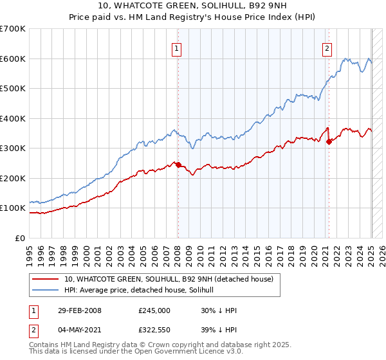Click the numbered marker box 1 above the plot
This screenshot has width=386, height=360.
pyautogui.click(x=176, y=47)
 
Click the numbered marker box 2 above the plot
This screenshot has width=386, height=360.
pyautogui.click(x=327, y=47)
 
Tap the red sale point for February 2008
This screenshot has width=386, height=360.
pyautogui.click(x=178, y=165)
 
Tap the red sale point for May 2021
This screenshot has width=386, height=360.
pyautogui.click(x=329, y=141)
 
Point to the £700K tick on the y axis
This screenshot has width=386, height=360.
pyautogui.click(x=13, y=29)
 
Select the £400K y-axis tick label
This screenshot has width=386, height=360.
pyautogui.click(x=13, y=118)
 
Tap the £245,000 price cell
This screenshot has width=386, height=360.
pyautogui.click(x=154, y=310)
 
